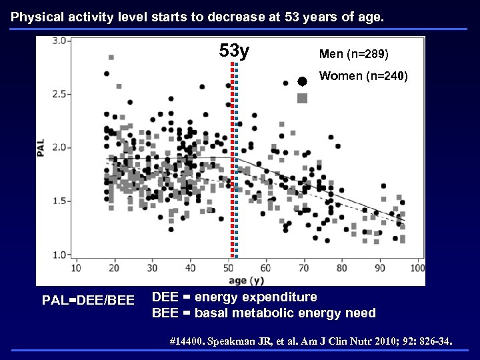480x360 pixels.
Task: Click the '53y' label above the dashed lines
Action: pos(234,51)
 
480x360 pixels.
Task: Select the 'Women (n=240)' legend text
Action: pos(364,76)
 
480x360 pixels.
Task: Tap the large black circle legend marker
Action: pos(302,81)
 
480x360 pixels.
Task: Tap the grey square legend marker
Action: pos(302,99)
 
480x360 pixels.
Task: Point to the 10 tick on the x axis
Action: pos(75,268)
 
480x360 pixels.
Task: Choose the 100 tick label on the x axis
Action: pos(417,268)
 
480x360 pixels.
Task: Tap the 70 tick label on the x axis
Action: pos(304,268)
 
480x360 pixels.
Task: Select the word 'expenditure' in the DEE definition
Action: pos(281,297)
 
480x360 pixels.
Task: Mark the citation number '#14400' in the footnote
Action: pos(189,342)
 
